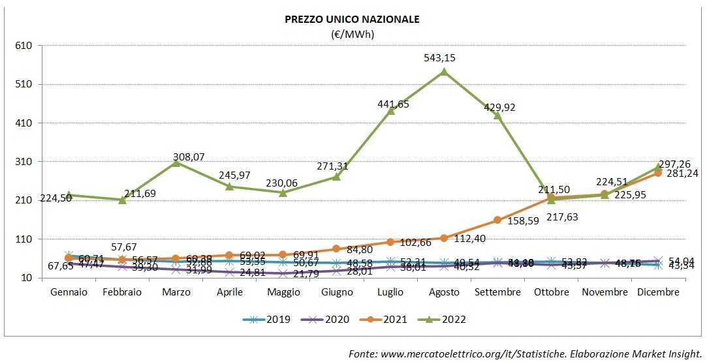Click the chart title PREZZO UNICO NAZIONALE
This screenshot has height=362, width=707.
pos(352,20)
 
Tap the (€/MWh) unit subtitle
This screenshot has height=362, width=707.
pos(352,34)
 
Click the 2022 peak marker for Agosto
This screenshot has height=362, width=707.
pos(444,72)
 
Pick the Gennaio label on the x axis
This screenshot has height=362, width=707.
pos(69,292)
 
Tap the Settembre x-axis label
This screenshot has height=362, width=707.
pos(497,292)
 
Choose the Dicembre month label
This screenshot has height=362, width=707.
pos(658,292)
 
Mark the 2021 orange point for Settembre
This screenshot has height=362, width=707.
pos(497,220)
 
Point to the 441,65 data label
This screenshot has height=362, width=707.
pos(394,104)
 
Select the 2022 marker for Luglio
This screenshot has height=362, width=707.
pos(390,111)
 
